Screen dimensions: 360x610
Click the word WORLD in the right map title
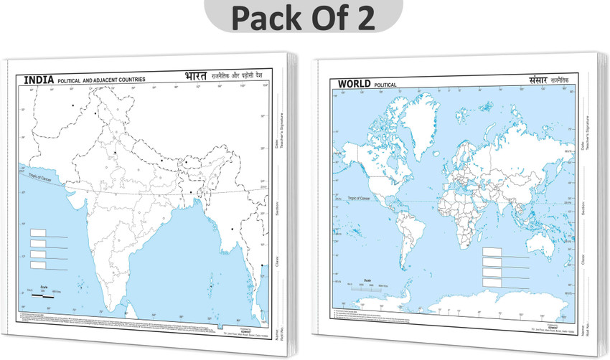point(354,85)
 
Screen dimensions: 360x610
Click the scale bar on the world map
point(369,285)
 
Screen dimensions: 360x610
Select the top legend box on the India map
point(38,233)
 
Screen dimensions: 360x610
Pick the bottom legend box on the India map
point(38,265)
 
